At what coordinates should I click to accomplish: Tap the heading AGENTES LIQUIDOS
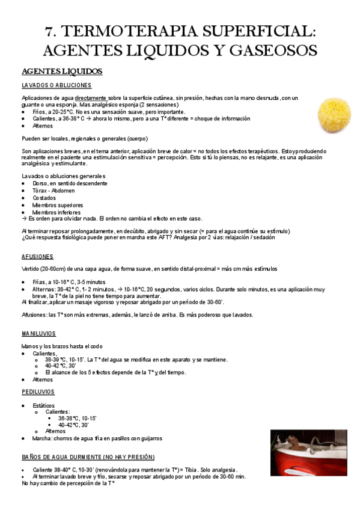pyautogui.click(x=62, y=72)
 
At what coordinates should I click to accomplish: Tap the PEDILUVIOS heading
pyautogui.click(x=38, y=392)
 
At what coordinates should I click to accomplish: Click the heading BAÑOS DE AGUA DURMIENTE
pyautogui.click(x=88, y=457)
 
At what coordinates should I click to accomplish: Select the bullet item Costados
pyautogui.click(x=45, y=198)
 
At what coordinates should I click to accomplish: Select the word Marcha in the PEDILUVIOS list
pyautogui.click(x=43, y=438)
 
